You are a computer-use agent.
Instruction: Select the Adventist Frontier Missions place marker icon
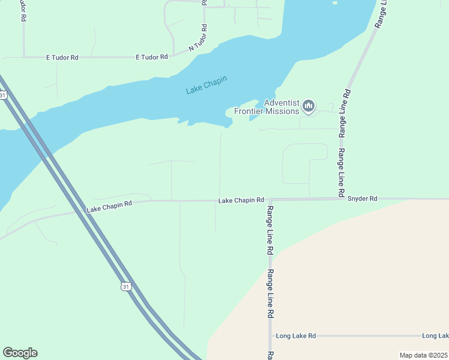(309, 107)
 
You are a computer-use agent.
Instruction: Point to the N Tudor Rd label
(199, 38)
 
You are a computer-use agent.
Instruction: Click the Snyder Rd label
(362, 198)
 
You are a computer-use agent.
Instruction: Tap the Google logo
(20, 353)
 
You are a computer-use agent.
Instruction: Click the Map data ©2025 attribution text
(423, 355)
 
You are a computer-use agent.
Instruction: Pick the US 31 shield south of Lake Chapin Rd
(125, 287)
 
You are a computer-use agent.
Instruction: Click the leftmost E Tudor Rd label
(62, 58)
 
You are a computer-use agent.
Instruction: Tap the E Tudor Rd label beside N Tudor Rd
(152, 57)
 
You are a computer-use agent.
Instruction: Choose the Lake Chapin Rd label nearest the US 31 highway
(109, 206)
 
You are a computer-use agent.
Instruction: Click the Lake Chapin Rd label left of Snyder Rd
(241, 200)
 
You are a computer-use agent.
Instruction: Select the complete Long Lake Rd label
(295, 336)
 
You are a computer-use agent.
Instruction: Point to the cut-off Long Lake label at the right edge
(435, 336)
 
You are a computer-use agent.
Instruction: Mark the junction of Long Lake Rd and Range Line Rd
(271, 336)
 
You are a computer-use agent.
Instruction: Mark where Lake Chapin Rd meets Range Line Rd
(270, 199)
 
